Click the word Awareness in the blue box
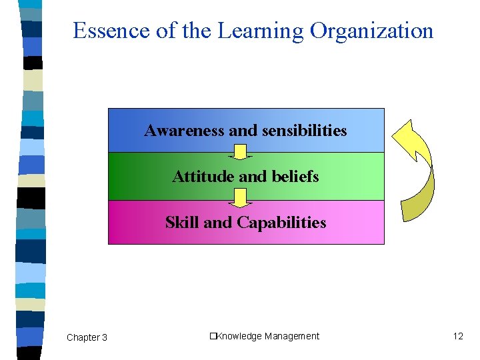[x=185, y=130]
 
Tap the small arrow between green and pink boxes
[x=240, y=197]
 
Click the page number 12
[x=457, y=336]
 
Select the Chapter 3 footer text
[x=87, y=337]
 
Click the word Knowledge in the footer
[x=239, y=336]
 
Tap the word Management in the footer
[x=292, y=336]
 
